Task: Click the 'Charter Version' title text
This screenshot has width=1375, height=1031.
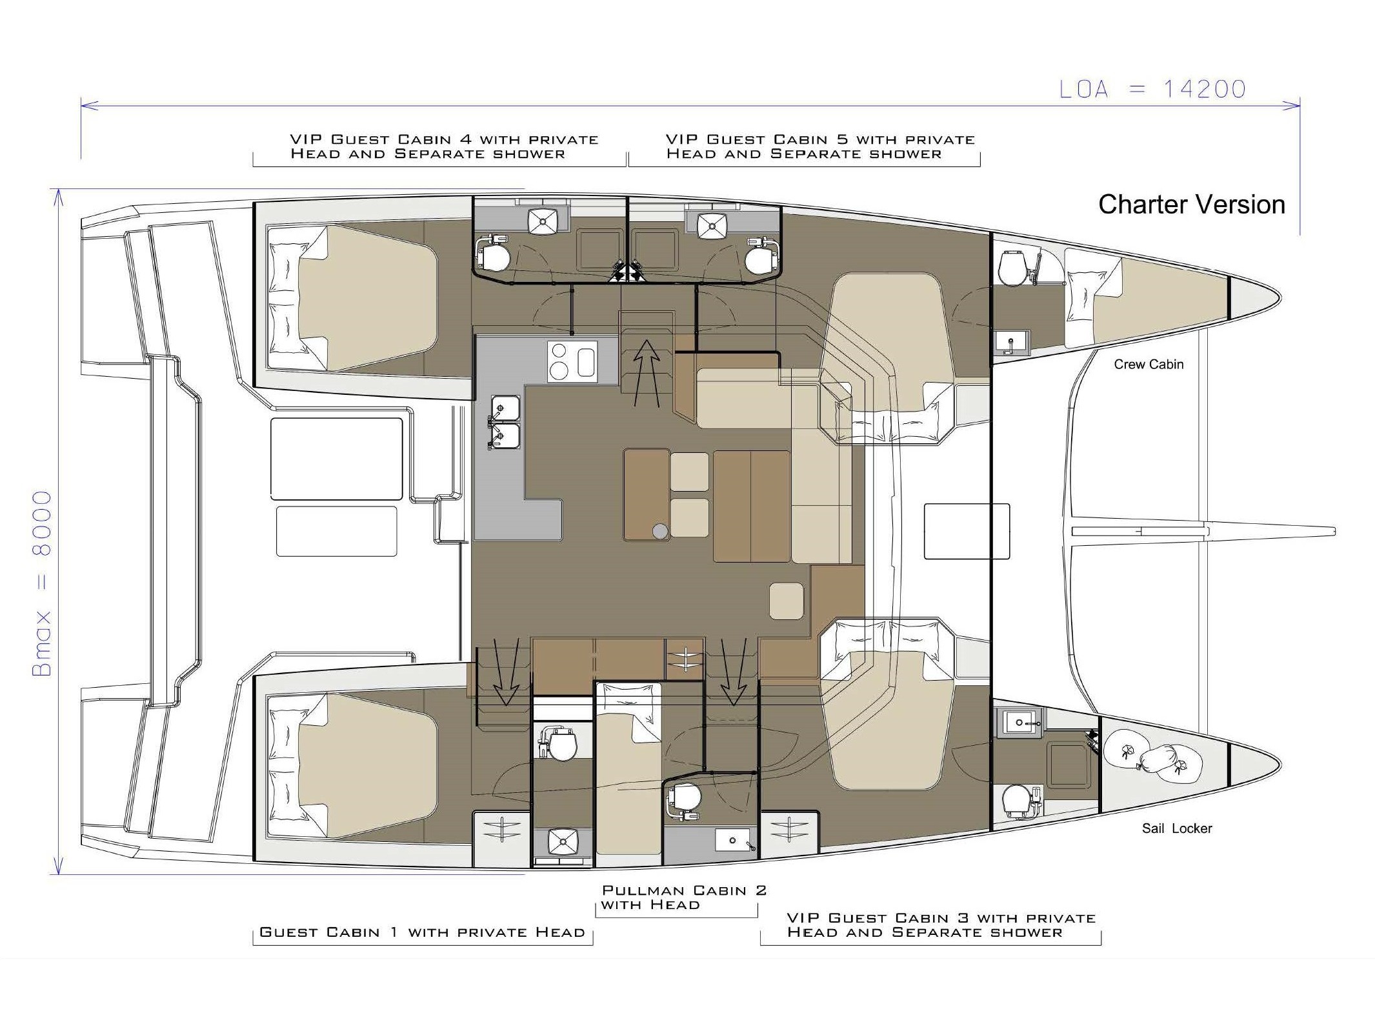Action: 1192,205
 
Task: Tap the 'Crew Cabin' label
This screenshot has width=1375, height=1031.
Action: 1149,365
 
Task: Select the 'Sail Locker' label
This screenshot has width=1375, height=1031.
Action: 1177,828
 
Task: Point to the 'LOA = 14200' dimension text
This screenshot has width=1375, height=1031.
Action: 1153,89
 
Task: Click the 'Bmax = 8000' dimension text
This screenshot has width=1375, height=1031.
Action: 42,583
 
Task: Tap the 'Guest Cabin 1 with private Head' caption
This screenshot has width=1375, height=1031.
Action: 422,932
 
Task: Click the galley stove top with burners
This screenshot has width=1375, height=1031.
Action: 572,361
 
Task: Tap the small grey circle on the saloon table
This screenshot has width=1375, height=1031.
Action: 659,531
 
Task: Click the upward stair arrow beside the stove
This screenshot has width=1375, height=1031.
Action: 647,373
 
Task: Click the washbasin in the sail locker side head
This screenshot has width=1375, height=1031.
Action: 1019,723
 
